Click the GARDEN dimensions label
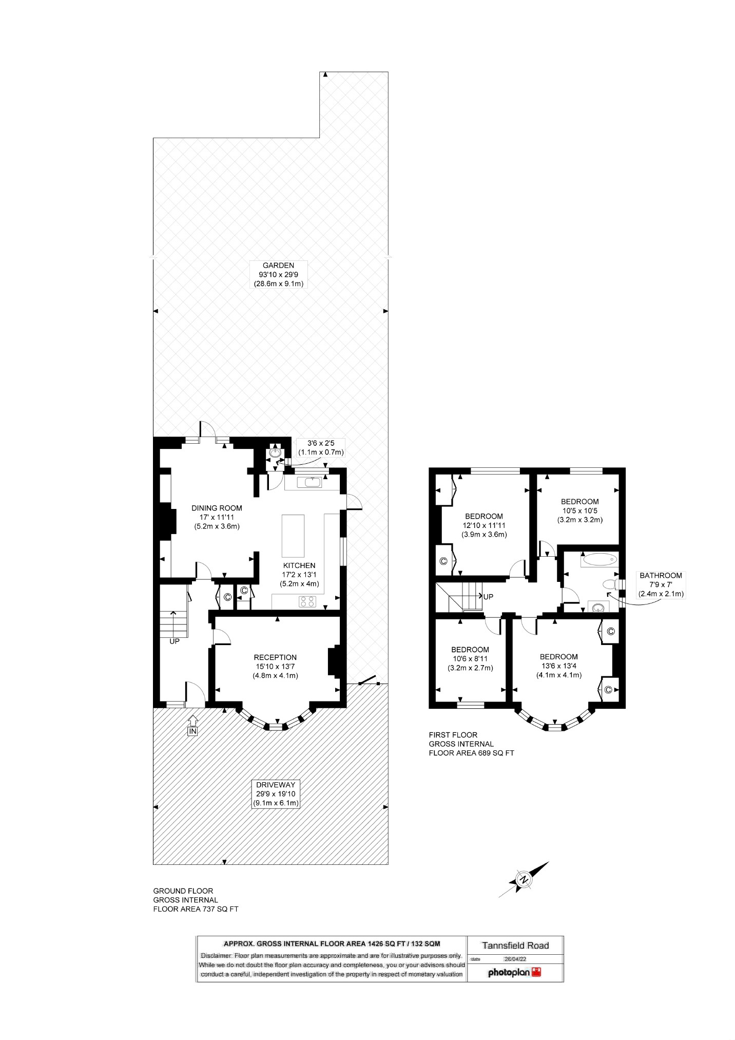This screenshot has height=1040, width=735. tap(278, 274)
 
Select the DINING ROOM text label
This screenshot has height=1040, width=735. tap(217, 517)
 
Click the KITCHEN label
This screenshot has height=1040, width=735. tap(299, 574)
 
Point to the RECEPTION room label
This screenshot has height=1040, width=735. tap(275, 666)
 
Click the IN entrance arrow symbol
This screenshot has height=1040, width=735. tap(192, 725)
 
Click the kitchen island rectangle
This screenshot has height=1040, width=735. tap(293, 535)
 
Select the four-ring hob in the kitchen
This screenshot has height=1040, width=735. tap(308, 601)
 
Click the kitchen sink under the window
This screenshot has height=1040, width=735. tap(313, 482)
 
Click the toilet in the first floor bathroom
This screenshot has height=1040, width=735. tap(611, 584)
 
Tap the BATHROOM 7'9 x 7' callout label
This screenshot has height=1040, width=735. tap(661, 584)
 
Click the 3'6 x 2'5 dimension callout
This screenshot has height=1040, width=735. tap(321, 447)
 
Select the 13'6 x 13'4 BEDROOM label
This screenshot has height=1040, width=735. tap(558, 666)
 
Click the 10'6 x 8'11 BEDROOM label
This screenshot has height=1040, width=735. tap(470, 658)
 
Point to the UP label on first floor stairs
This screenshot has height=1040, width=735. tap(488, 597)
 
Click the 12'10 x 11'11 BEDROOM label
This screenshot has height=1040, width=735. tap(484, 525)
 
